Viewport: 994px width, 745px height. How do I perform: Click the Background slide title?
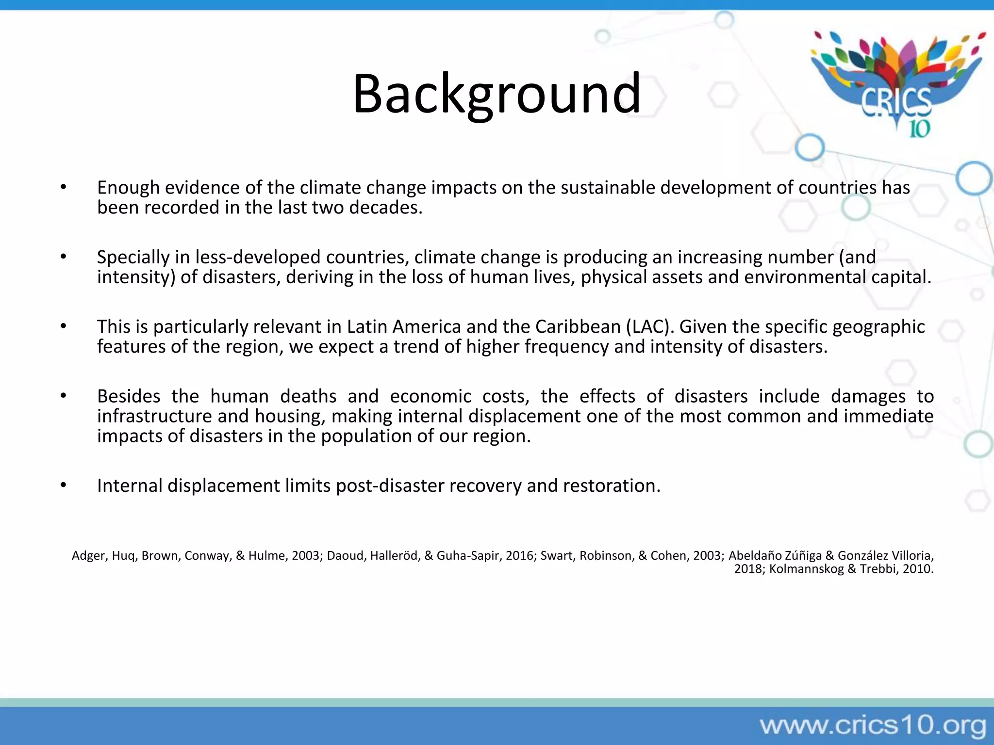coord(497,93)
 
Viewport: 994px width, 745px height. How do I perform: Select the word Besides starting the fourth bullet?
coord(129,396)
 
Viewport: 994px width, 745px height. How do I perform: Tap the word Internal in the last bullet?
coord(130,486)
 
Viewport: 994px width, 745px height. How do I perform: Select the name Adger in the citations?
coord(88,556)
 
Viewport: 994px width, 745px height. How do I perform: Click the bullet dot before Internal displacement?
coord(63,485)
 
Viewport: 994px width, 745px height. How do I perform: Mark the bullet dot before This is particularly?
coord(63,326)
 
